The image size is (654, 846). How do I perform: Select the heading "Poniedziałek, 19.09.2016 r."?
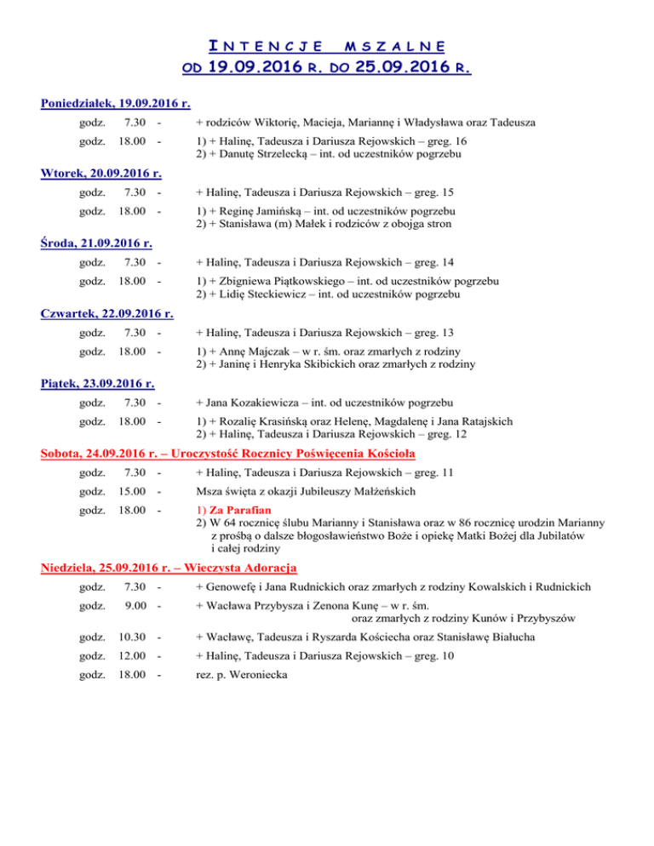coord(115,104)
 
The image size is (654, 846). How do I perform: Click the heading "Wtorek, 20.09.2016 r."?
coord(101,174)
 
